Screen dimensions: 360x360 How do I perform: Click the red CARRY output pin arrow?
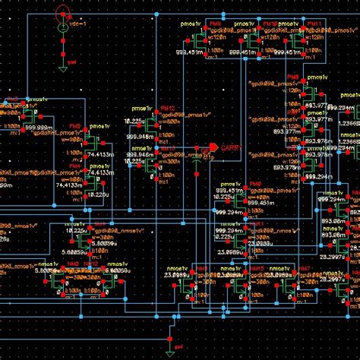click(214, 146)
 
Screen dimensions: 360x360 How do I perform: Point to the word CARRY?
click(231, 150)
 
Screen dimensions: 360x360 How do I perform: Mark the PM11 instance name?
click(312, 24)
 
